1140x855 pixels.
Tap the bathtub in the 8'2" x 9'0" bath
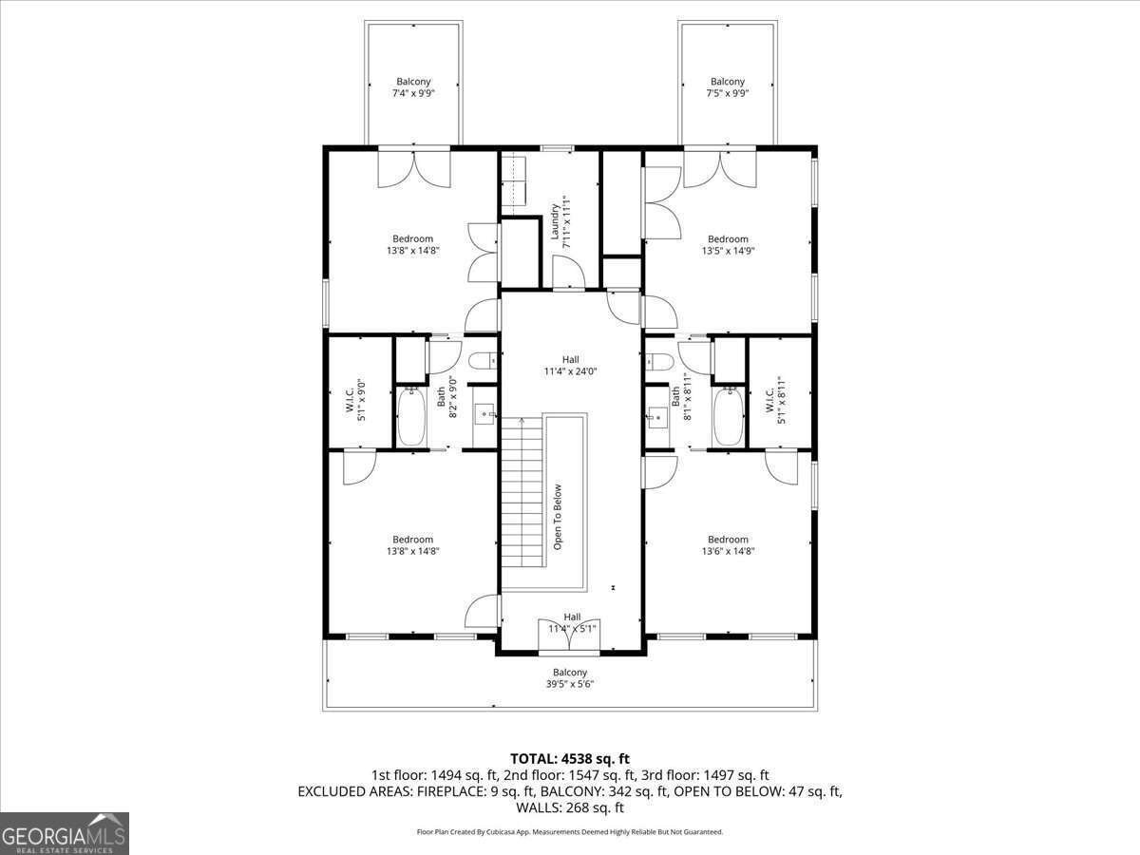pos(411,417)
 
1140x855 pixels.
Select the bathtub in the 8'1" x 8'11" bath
pos(728,417)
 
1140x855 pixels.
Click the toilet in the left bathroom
pos(483,360)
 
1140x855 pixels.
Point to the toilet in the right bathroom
pos(659,361)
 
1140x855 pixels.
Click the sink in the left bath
pos(485,415)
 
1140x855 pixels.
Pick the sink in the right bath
pos(657,417)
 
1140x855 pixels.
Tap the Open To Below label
pos(558,517)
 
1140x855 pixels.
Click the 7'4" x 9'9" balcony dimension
pos(413,93)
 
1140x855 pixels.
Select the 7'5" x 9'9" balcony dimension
pos(727,93)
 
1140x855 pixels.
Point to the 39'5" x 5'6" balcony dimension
pos(570,684)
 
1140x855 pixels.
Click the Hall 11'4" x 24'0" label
pos(570,366)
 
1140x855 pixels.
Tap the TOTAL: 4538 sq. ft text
pos(570,759)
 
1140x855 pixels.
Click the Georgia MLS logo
pos(65,833)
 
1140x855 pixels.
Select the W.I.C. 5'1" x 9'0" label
pos(355,401)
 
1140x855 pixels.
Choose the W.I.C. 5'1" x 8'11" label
pos(775,400)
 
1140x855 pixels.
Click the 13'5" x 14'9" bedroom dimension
pos(728,251)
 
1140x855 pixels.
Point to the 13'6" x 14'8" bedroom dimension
pos(728,551)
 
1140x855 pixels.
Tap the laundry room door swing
pos(569,273)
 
